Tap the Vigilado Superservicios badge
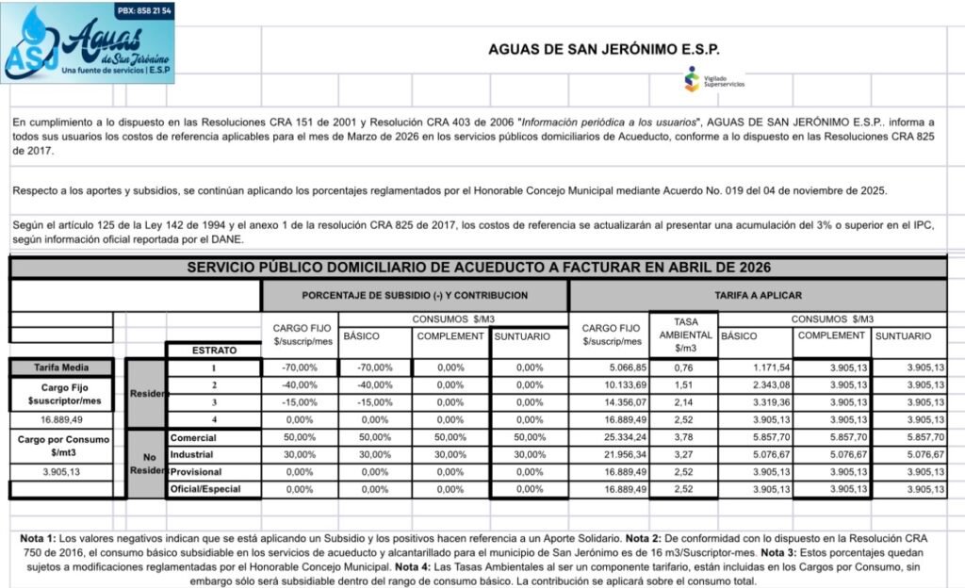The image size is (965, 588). click(x=714, y=79)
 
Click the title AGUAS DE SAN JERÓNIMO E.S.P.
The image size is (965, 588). click(x=603, y=50)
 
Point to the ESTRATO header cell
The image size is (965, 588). click(x=213, y=351)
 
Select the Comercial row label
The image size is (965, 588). click(x=193, y=438)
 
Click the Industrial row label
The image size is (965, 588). click(x=193, y=455)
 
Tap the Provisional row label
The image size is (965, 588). click(x=196, y=472)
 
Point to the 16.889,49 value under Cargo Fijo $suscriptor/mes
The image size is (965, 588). click(x=63, y=419)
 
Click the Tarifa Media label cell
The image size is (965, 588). click(x=60, y=367)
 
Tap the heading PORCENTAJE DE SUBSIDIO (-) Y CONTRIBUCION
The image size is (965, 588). click(x=415, y=295)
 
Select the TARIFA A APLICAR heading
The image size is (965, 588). click(x=759, y=295)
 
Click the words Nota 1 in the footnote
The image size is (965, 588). click(x=39, y=538)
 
